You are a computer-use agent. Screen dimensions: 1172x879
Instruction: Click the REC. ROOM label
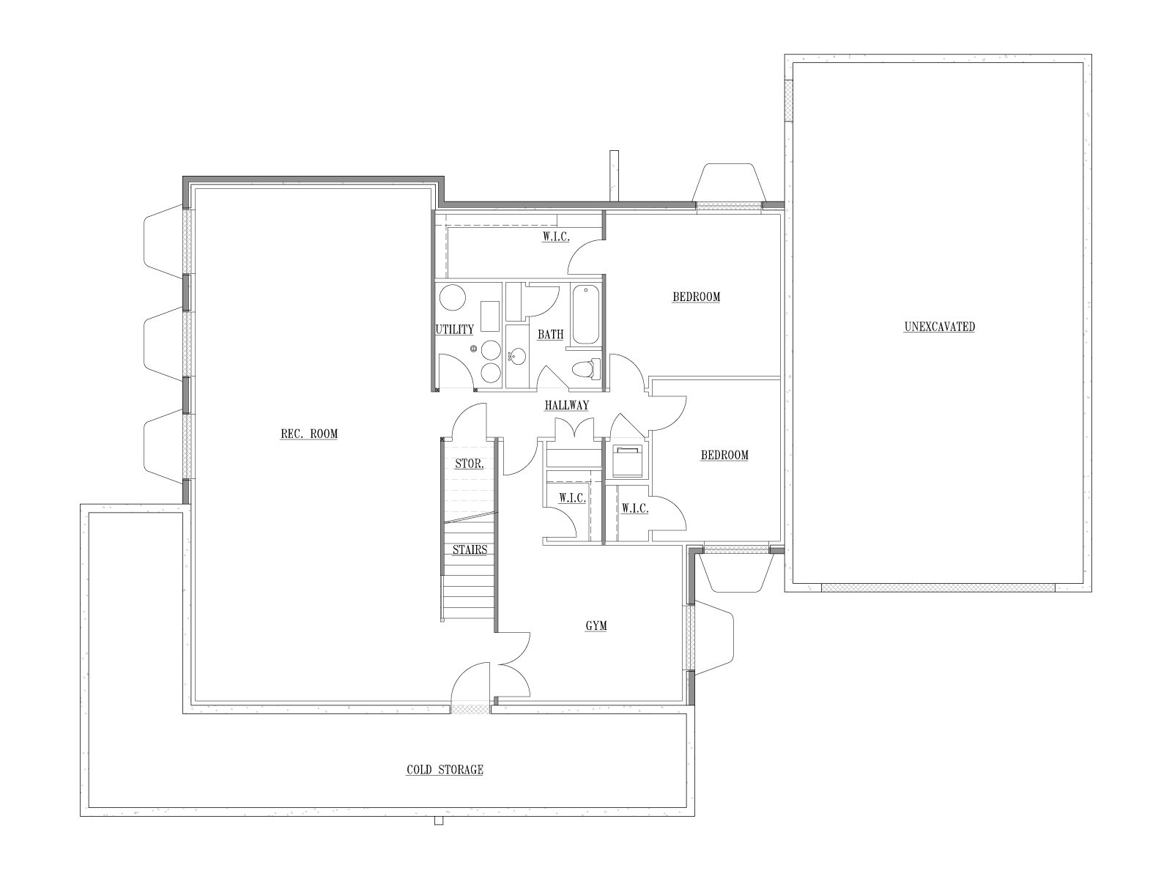pos(309,434)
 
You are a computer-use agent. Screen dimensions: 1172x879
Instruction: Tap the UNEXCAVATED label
pos(939,327)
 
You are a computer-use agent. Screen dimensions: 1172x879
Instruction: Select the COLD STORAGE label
pos(445,770)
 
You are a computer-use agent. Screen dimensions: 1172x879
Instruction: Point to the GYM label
pos(596,626)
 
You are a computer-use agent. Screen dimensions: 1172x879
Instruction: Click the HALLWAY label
pos(566,406)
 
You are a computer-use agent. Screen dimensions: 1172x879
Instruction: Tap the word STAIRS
pos(470,549)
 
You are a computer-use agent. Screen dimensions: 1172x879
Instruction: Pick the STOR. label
pos(470,464)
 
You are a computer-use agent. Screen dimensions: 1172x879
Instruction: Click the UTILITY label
pos(454,330)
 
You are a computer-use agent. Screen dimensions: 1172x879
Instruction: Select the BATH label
pos(551,335)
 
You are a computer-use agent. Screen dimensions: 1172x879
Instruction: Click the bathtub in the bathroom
pos(586,315)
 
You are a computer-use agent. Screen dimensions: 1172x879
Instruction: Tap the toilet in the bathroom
pos(586,368)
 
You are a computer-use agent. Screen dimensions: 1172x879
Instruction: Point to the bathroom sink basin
pos(517,356)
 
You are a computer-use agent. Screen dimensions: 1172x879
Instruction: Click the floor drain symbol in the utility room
pos(473,349)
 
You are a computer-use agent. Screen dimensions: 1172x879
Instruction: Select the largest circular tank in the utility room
pos(453,298)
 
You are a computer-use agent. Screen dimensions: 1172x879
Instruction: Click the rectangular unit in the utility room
pos(490,316)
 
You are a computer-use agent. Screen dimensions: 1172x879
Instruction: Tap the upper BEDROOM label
pos(697,297)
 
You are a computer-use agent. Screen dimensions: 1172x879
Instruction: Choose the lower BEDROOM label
pos(724,455)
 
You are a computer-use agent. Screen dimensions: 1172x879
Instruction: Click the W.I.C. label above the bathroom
pos(556,237)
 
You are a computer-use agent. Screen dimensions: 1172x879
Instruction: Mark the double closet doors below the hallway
pos(574,428)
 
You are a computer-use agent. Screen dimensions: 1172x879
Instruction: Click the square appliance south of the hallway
pos(628,461)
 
